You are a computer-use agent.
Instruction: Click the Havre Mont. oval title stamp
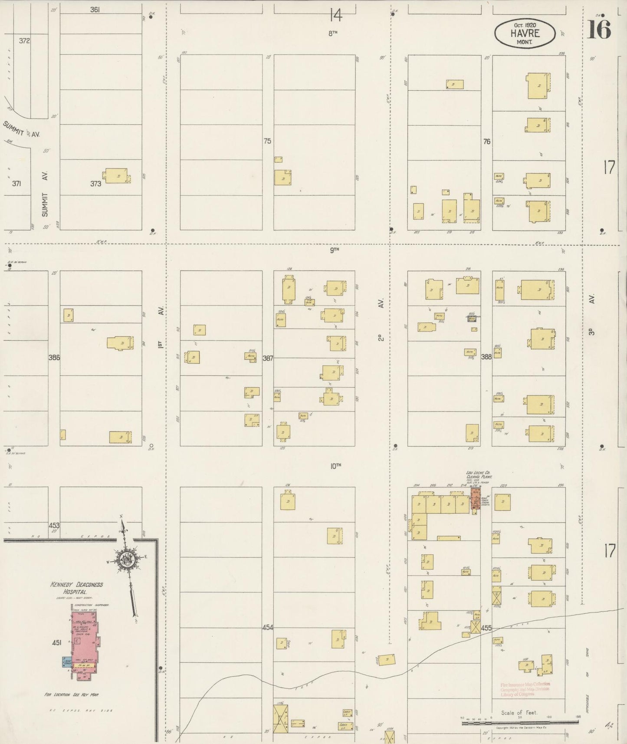tap(525, 33)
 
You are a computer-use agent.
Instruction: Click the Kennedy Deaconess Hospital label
tap(76, 588)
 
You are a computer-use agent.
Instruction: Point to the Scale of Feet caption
tap(519, 712)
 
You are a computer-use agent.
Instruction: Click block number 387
tap(268, 358)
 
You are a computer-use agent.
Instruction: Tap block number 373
tap(95, 184)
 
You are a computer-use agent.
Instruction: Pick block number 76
tap(486, 142)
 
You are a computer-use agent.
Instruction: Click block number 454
tap(268, 628)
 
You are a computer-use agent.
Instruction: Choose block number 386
tap(54, 358)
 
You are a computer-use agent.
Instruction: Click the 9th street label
tap(334, 250)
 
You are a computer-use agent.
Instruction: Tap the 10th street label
tap(335, 466)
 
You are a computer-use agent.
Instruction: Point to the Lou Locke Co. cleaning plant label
tap(478, 474)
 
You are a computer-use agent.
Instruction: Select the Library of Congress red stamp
tap(525, 689)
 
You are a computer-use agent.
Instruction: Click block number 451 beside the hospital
tap(56, 642)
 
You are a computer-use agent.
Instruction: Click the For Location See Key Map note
tap(72, 695)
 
